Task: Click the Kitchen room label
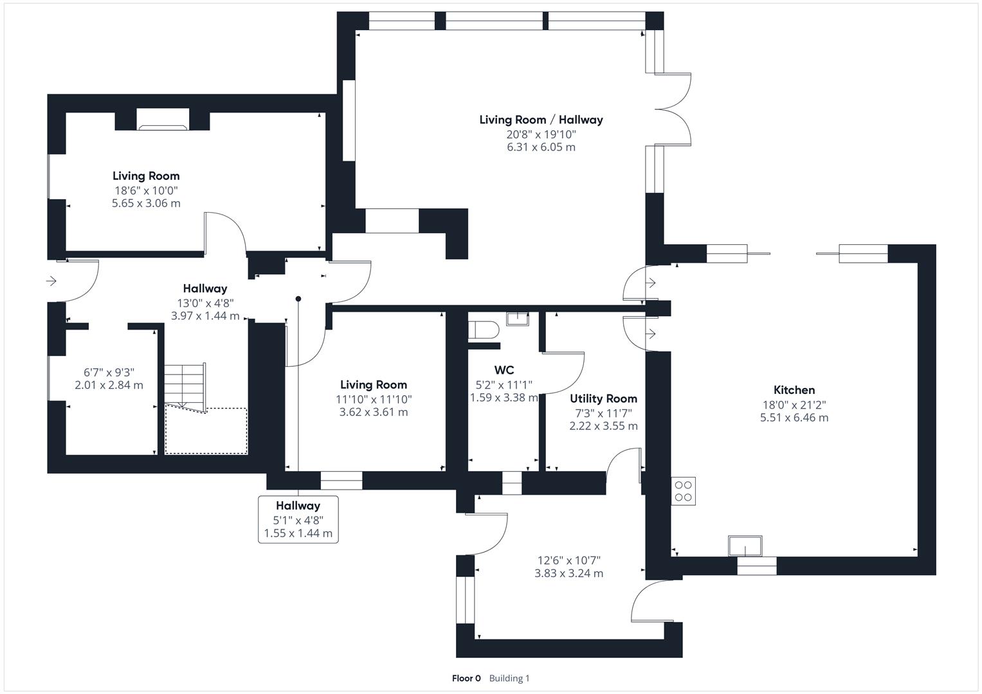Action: click(x=794, y=389)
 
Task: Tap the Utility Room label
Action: click(x=603, y=398)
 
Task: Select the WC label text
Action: click(x=504, y=369)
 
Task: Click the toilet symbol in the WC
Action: click(x=484, y=330)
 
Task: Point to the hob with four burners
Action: click(x=683, y=491)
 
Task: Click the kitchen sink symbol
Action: click(x=745, y=546)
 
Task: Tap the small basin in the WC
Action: click(x=517, y=319)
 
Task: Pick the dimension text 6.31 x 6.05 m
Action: click(x=541, y=147)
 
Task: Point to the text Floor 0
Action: click(x=466, y=678)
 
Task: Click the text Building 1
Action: click(x=509, y=678)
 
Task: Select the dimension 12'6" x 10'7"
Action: click(x=568, y=560)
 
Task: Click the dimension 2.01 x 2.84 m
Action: click(x=109, y=385)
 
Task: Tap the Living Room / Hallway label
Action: click(x=541, y=120)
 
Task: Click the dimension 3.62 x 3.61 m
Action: click(x=374, y=413)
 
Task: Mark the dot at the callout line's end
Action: click(x=298, y=299)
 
